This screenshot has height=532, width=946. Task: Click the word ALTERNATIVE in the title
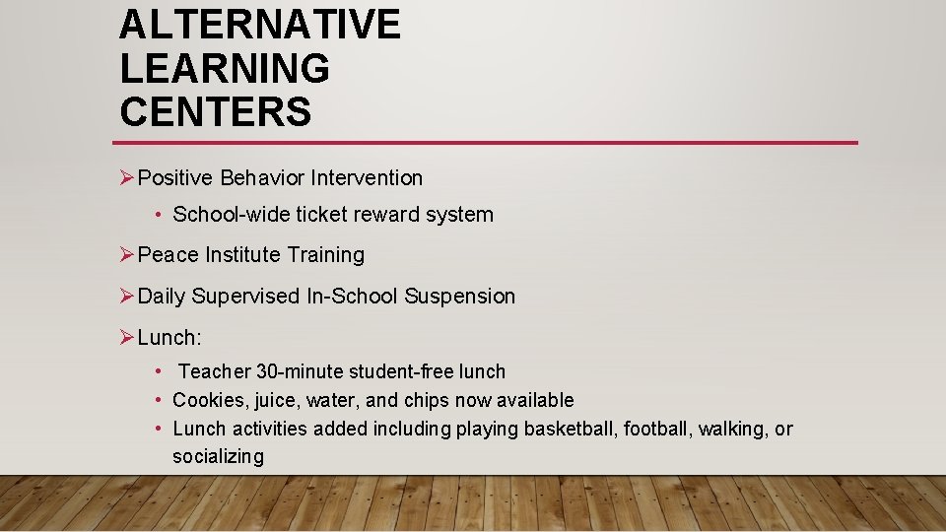pos(260,25)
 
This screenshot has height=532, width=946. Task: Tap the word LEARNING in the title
pos(225,68)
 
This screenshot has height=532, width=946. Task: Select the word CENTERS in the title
pos(215,111)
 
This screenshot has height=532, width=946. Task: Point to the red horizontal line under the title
pos(488,143)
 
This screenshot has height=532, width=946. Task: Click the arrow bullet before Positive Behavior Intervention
pos(126,178)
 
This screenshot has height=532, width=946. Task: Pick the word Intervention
pos(367,178)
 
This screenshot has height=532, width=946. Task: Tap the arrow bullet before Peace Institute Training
pos(126,255)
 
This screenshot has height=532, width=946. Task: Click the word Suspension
pos(460,297)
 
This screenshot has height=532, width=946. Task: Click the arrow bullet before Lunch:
pos(126,338)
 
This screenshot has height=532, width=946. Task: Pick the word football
pos(656,430)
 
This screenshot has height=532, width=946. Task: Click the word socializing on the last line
pos(218,457)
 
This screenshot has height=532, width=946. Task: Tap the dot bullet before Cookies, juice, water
pos(159,401)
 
